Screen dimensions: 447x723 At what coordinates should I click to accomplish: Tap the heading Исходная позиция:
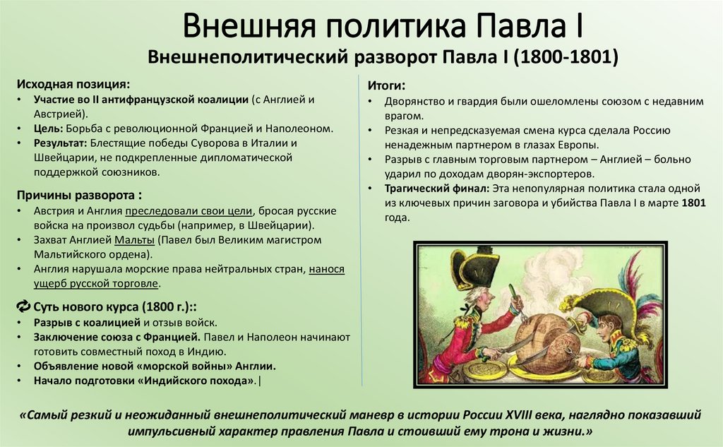[x=73, y=84]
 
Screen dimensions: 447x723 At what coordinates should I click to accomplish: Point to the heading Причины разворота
[x=83, y=194]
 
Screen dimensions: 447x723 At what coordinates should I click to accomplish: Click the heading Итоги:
[x=386, y=85]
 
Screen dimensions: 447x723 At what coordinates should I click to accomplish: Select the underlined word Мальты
[x=134, y=240]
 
